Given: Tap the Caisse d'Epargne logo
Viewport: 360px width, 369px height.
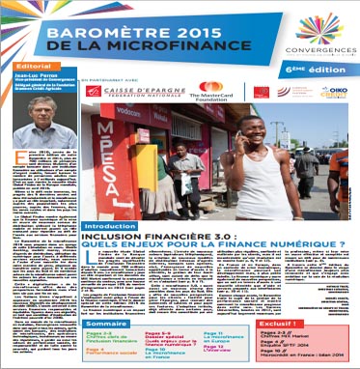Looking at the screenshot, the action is coord(140,91).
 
